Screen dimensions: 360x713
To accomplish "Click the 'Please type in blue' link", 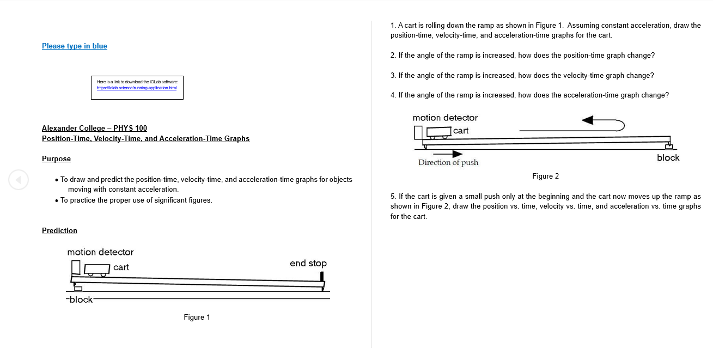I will [75, 46].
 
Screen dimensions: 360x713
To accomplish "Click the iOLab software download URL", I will [136, 88].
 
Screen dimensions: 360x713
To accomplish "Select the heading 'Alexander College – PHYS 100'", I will [94, 129].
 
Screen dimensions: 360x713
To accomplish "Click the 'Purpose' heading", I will [56, 159].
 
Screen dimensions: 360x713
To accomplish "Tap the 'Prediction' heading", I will [59, 231].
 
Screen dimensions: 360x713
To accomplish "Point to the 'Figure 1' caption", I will [197, 318].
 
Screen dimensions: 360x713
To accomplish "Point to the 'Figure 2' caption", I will [545, 176].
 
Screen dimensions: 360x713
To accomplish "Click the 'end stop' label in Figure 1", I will [308, 264].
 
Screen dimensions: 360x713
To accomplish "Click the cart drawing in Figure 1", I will [97, 269].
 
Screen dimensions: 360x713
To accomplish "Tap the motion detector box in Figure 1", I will [76, 267].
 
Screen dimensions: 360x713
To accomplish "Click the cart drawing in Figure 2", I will [439, 132].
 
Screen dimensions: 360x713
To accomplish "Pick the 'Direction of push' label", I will [448, 163].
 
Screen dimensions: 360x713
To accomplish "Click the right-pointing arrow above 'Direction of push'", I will [447, 154].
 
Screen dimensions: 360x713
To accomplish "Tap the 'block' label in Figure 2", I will [668, 158].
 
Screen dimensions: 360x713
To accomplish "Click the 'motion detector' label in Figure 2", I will [445, 118].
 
